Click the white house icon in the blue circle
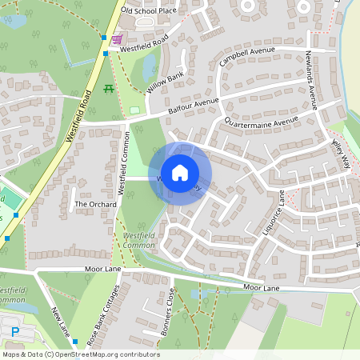point(180,173)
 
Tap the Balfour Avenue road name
point(194,106)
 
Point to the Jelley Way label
point(341,150)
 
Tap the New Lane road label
point(62,321)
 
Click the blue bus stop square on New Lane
point(74,342)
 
